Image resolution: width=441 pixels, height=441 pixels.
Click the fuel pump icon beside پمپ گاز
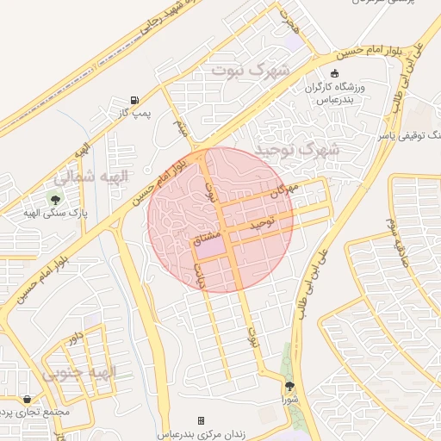point(134,100)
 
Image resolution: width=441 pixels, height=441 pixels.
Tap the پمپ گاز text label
point(134,114)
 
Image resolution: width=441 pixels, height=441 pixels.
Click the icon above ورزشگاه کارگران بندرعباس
point(335,75)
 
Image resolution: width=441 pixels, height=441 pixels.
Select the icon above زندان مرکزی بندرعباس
point(201,420)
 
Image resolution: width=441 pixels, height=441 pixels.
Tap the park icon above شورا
point(289,386)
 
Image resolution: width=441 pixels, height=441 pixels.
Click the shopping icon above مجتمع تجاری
point(28,400)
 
